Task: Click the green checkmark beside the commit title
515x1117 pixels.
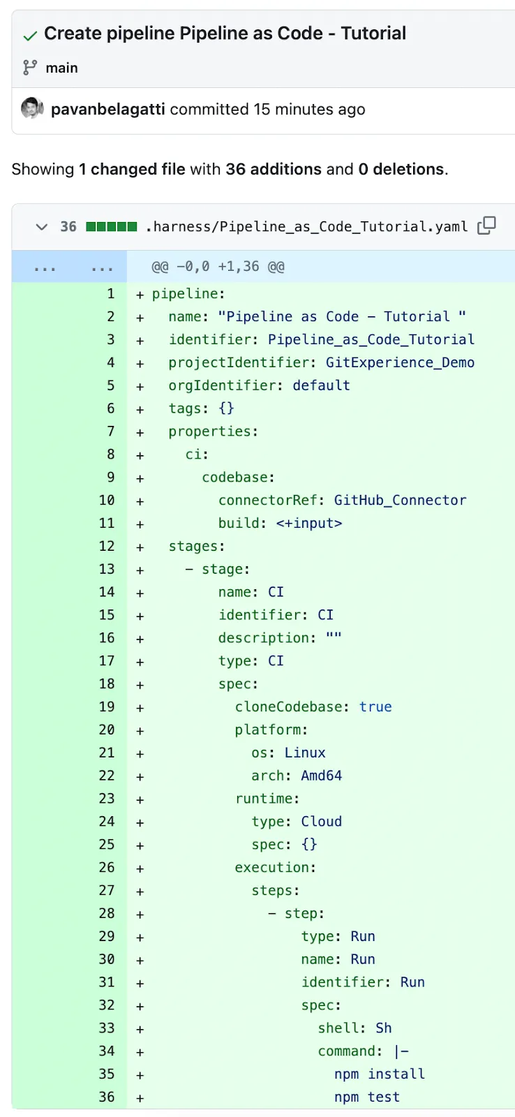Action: click(x=30, y=35)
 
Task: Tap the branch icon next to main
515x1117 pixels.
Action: click(x=30, y=68)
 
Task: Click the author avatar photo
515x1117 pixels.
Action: click(x=31, y=109)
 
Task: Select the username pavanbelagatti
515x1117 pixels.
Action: click(x=107, y=110)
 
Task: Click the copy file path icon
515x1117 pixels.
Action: click(x=486, y=225)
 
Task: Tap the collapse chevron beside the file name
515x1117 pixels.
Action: click(x=42, y=226)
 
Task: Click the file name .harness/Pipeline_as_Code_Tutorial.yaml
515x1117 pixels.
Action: click(x=306, y=226)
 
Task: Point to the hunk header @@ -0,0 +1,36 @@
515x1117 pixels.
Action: click(x=218, y=267)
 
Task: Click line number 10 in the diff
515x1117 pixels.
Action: click(x=107, y=501)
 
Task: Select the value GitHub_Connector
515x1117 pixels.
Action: click(x=400, y=501)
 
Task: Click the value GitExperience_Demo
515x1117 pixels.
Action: click(x=400, y=362)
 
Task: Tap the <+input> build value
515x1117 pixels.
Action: click(x=308, y=524)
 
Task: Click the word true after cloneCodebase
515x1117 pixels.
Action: click(x=375, y=707)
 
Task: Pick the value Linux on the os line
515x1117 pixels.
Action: click(x=305, y=753)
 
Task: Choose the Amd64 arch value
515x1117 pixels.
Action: click(x=321, y=776)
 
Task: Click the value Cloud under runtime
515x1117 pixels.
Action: click(x=321, y=822)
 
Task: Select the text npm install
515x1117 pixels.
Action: click(x=379, y=1074)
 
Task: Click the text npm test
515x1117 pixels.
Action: click(x=367, y=1097)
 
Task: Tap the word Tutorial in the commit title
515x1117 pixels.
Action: click(x=373, y=34)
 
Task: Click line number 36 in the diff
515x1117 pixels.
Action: click(x=107, y=1097)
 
